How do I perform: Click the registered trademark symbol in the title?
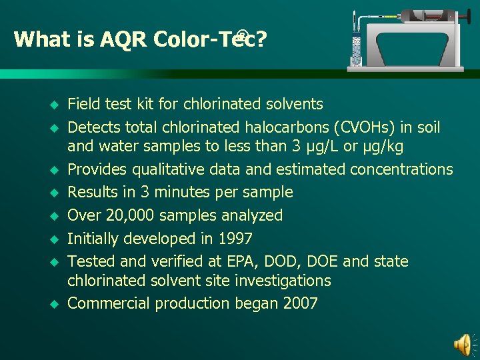(242, 33)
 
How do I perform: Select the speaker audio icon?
(462, 343)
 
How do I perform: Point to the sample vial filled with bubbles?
(355, 51)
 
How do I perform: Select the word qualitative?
(167, 169)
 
